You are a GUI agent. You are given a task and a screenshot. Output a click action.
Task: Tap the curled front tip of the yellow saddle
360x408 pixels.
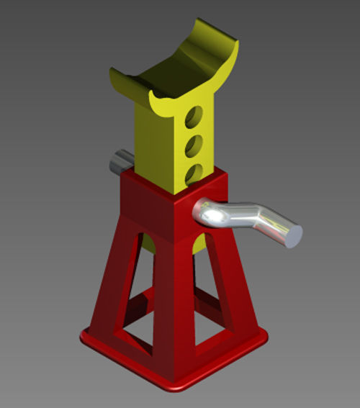pyautogui.click(x=157, y=100)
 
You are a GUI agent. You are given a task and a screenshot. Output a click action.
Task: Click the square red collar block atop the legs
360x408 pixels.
pyautogui.click(x=169, y=205)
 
